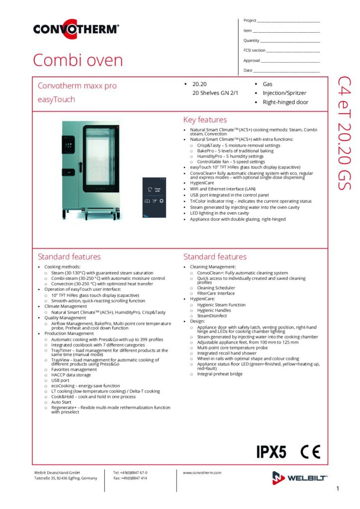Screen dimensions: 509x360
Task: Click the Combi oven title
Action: (78, 60)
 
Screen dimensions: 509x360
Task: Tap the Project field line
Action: (288, 22)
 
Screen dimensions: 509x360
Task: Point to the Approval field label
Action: (252, 61)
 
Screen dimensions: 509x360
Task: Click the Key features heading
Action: (205, 120)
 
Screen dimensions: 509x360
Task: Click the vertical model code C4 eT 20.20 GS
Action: (344, 133)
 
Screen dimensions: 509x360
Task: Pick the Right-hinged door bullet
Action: (285, 102)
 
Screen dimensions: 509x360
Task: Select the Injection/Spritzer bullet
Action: (284, 93)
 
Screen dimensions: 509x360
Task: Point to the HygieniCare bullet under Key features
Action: (201, 183)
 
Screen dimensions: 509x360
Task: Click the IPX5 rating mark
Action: (271, 452)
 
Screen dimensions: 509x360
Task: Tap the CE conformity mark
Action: (310, 452)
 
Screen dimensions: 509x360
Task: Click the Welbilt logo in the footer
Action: (300, 478)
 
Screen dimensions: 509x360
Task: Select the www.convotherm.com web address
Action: (202, 473)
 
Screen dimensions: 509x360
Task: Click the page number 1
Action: (338, 489)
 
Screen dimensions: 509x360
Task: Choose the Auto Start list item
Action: (62, 402)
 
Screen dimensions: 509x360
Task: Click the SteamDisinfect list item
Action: (211, 316)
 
